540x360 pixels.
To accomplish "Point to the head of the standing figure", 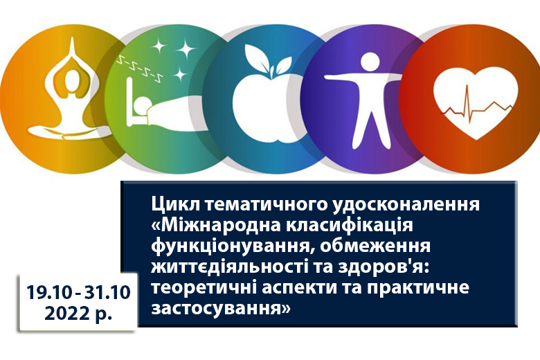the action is pyautogui.click(x=370, y=62).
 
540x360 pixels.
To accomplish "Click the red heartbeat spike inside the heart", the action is pyautogui.click(x=467, y=102).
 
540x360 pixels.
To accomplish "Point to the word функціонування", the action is pyautogui.click(x=233, y=246).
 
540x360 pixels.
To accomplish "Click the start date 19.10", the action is pyautogui.click(x=50, y=293).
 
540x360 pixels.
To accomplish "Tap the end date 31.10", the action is pyautogui.click(x=108, y=293).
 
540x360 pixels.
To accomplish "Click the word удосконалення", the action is pyautogui.click(x=406, y=205).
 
